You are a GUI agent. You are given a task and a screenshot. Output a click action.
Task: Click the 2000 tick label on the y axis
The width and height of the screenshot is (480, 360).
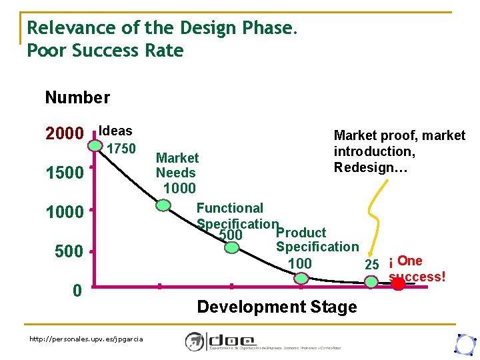pos(65,134)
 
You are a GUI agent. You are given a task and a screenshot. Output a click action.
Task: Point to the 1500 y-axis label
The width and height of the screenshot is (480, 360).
pos(65,173)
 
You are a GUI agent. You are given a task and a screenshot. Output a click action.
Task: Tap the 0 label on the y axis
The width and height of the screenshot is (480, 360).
pos(77,291)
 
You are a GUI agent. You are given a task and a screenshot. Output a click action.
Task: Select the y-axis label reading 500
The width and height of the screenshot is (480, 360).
pos(69,252)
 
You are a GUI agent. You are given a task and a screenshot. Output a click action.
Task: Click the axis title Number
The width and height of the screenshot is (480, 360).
pos(77,98)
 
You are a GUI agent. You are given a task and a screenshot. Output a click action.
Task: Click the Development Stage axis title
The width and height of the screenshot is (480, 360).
pos(277,307)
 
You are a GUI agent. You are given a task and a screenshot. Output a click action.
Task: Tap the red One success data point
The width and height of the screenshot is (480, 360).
pos(398,284)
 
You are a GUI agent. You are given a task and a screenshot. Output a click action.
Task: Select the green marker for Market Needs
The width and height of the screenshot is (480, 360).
pos(163,205)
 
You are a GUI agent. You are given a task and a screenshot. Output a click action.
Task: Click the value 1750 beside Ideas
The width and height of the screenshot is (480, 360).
pos(121,148)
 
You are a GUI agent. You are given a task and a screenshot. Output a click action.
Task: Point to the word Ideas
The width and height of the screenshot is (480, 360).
pos(115,131)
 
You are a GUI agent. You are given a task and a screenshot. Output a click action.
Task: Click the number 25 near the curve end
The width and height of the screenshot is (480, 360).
pos(372,264)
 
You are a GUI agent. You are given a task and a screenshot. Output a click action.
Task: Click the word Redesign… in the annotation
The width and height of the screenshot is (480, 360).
pos(371,167)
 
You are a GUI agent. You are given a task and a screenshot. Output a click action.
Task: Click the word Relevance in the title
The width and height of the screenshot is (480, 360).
pos(65,28)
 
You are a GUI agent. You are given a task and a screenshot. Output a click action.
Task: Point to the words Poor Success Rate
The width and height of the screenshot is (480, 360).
pos(105,51)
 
